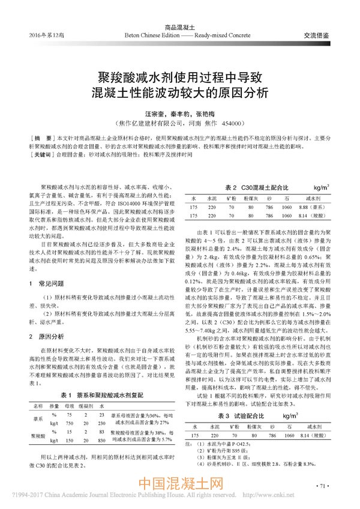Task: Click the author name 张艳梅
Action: coord(204,112)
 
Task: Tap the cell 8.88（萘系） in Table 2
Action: coord(310,205)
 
